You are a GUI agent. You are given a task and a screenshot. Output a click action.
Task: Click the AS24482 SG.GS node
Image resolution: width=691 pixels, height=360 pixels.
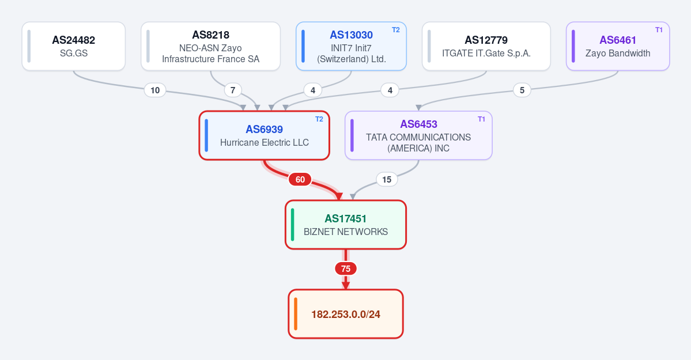click(x=74, y=46)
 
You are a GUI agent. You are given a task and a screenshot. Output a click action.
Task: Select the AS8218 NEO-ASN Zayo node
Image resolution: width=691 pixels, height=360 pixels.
click(x=211, y=46)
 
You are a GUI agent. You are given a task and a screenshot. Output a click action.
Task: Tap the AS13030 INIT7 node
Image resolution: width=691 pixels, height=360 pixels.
click(x=351, y=46)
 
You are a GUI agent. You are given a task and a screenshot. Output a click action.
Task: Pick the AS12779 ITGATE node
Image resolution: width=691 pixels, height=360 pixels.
click(x=486, y=46)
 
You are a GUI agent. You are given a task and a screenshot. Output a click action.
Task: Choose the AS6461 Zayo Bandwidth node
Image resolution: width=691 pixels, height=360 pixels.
click(x=618, y=46)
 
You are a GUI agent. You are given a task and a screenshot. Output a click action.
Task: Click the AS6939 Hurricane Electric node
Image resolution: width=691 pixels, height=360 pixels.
click(x=265, y=135)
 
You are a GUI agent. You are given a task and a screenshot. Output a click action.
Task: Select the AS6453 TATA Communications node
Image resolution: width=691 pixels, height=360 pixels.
click(x=418, y=135)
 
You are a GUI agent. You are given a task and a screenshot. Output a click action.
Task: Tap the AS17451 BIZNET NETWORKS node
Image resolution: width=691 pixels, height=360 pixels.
click(x=346, y=225)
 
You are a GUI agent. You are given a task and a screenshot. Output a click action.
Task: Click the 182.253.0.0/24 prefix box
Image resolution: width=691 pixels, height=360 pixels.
click(x=346, y=314)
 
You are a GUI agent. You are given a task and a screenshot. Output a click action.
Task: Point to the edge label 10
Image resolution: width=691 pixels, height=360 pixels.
click(x=155, y=90)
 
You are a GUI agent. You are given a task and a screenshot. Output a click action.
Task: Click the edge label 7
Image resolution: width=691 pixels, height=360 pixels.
click(x=233, y=90)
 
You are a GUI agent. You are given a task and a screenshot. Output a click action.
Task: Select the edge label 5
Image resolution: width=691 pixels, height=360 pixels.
click(x=522, y=90)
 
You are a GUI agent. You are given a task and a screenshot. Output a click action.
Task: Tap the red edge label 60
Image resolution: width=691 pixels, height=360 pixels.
click(x=300, y=179)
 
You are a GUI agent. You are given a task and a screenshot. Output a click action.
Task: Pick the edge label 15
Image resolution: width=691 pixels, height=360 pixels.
click(x=387, y=179)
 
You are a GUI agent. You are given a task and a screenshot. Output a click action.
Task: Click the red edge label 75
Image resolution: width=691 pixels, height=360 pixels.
click(x=346, y=269)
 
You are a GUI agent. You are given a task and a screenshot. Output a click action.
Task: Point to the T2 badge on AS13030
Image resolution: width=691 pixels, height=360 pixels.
click(x=396, y=30)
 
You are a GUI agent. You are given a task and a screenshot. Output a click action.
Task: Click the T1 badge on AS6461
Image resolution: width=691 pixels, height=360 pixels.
click(x=659, y=30)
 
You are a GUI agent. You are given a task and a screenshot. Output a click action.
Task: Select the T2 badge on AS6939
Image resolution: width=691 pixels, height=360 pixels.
click(x=319, y=119)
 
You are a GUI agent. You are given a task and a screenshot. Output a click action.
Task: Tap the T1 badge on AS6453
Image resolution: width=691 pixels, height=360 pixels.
click(x=481, y=119)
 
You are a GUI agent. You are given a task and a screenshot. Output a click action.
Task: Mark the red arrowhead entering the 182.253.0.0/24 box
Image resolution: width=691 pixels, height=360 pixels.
click(x=346, y=286)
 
